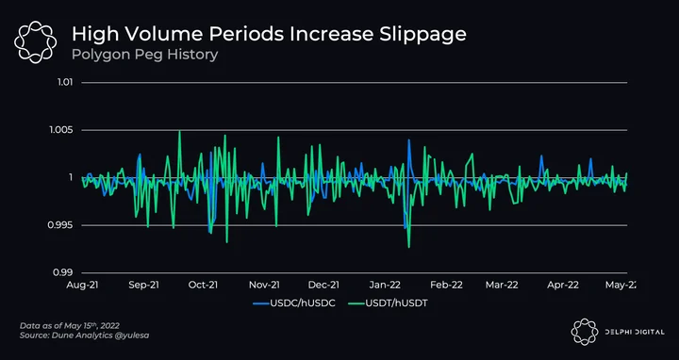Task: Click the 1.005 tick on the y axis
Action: click(x=62, y=130)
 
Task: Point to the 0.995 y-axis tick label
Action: click(x=62, y=225)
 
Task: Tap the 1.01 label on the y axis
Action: click(x=64, y=82)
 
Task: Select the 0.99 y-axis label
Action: click(x=64, y=273)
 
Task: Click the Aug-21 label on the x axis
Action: click(x=82, y=285)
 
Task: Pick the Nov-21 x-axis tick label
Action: click(x=264, y=285)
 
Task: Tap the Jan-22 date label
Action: click(x=385, y=285)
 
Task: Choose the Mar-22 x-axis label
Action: click(x=502, y=285)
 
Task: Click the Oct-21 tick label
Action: click(x=203, y=285)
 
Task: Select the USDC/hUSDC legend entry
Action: click(x=294, y=303)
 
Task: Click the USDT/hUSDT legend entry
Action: click(x=388, y=303)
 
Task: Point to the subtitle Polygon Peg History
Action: click(x=144, y=56)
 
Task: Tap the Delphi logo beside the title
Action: click(x=35, y=42)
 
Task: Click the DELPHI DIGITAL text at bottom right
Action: click(x=635, y=332)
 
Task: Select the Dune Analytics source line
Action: click(x=85, y=335)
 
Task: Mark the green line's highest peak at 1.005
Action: click(x=179, y=131)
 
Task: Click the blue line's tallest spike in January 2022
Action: click(x=408, y=139)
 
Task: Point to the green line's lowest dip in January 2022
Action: click(x=408, y=247)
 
